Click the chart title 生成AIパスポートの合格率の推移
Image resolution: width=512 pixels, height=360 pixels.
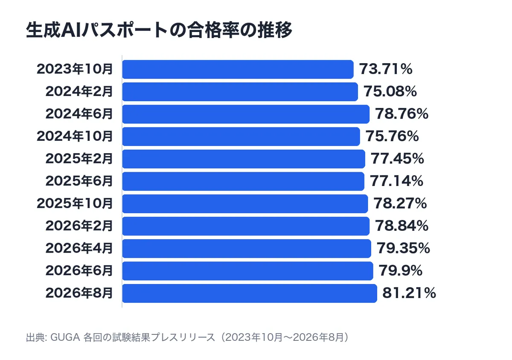159,30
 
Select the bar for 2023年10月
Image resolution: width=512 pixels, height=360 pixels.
238,69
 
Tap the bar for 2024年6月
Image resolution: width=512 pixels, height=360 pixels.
246,114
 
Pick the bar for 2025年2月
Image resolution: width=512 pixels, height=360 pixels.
244,159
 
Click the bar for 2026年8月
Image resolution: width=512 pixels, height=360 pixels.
250,293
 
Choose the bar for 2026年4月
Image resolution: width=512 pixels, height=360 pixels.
247,248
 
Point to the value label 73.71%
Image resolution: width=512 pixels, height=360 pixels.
386,69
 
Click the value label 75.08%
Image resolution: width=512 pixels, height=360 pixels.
390,91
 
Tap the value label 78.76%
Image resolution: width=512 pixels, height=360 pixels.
401,113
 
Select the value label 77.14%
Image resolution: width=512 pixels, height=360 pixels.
396,181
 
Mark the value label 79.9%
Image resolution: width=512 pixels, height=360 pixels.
401,270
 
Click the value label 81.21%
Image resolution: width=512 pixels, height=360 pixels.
409,293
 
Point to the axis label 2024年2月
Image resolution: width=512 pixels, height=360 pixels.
79,91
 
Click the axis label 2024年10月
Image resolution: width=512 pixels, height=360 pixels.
75,136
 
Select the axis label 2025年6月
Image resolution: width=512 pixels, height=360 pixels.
79,181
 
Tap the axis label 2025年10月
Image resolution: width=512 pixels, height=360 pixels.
75,203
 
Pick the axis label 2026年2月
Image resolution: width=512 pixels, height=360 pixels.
79,226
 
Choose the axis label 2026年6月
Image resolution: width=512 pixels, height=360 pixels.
79,270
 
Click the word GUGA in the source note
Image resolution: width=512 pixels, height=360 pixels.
65,337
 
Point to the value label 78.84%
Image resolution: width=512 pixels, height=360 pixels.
401,226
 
